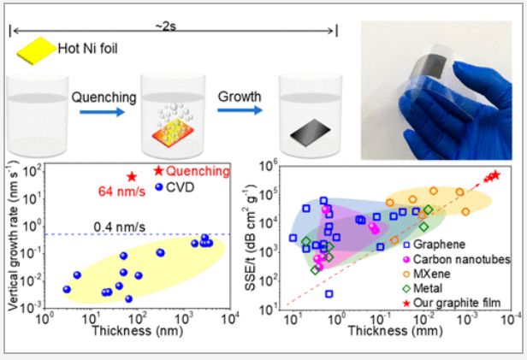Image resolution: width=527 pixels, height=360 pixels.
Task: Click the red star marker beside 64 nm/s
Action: point(132,176)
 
